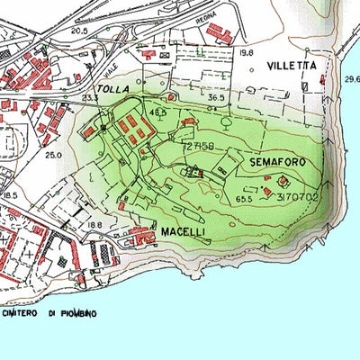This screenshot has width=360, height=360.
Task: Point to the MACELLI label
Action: [x=184, y=232]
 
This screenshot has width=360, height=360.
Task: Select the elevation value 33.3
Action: [x=90, y=97]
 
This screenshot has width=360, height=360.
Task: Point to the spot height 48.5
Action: [x=159, y=112]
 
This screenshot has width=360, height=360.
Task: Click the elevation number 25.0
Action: [x=53, y=156]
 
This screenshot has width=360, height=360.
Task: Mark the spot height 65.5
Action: [x=244, y=197]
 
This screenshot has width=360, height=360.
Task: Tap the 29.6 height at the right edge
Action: [x=352, y=79]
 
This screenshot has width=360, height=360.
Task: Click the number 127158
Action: [x=197, y=144]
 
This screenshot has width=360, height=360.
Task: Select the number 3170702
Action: [x=297, y=195]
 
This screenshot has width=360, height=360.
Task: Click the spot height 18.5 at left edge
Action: [x=10, y=195]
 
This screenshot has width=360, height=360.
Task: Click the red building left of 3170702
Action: [x=267, y=191]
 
